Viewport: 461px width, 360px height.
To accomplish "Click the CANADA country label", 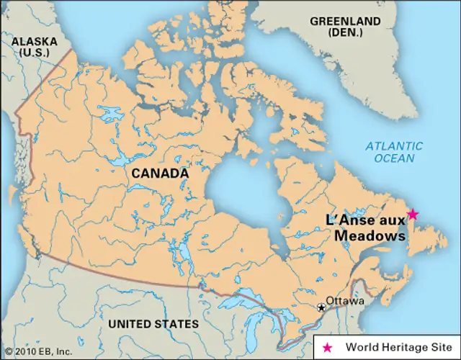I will [x=160, y=174].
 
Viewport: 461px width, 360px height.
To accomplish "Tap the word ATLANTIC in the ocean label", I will [x=394, y=146].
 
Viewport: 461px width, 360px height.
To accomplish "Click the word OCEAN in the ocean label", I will [x=395, y=158].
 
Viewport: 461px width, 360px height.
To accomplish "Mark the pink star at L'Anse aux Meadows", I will [x=413, y=214].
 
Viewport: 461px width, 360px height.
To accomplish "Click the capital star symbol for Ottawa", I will [x=322, y=307].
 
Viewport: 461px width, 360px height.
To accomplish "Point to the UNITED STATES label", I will [x=153, y=325].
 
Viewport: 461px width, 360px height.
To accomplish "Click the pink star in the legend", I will [x=328, y=347].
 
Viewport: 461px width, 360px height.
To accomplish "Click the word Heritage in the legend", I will [x=398, y=347].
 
